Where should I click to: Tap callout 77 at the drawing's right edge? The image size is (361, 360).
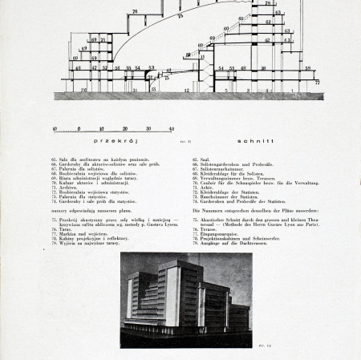coord(317,82)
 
